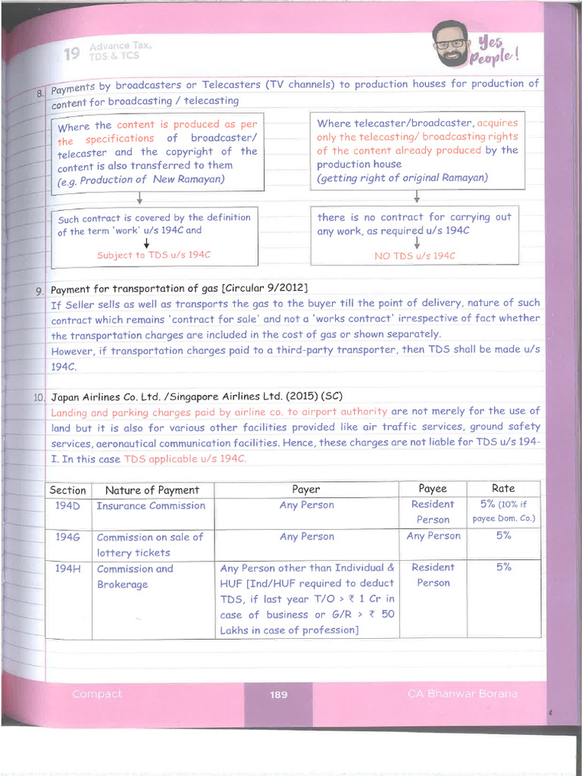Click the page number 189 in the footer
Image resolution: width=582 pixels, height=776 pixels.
[x=279, y=694]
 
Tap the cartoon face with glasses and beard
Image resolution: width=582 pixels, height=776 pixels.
[x=450, y=43]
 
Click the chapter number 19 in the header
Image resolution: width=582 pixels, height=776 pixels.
[x=72, y=54]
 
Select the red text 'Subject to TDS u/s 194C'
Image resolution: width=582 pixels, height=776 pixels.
[x=153, y=255]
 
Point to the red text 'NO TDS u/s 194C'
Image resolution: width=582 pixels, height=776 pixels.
[x=415, y=256]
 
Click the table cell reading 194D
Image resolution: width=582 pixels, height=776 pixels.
[x=67, y=505]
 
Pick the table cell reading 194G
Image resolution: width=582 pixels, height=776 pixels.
[x=67, y=537]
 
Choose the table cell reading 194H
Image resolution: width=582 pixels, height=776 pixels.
[x=67, y=568]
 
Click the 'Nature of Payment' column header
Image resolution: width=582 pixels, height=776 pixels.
[x=152, y=490]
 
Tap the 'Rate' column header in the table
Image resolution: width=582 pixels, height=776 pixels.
[x=503, y=489]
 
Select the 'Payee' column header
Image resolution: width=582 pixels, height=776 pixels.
[x=433, y=489]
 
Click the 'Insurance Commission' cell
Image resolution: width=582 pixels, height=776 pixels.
[x=151, y=505]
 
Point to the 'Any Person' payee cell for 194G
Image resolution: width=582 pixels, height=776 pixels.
[x=433, y=536]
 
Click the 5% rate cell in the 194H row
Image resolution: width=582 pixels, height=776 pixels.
[x=503, y=567]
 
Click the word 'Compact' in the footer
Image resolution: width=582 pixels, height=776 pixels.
[x=96, y=693]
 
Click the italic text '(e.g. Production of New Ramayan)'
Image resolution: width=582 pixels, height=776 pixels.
[x=141, y=180]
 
